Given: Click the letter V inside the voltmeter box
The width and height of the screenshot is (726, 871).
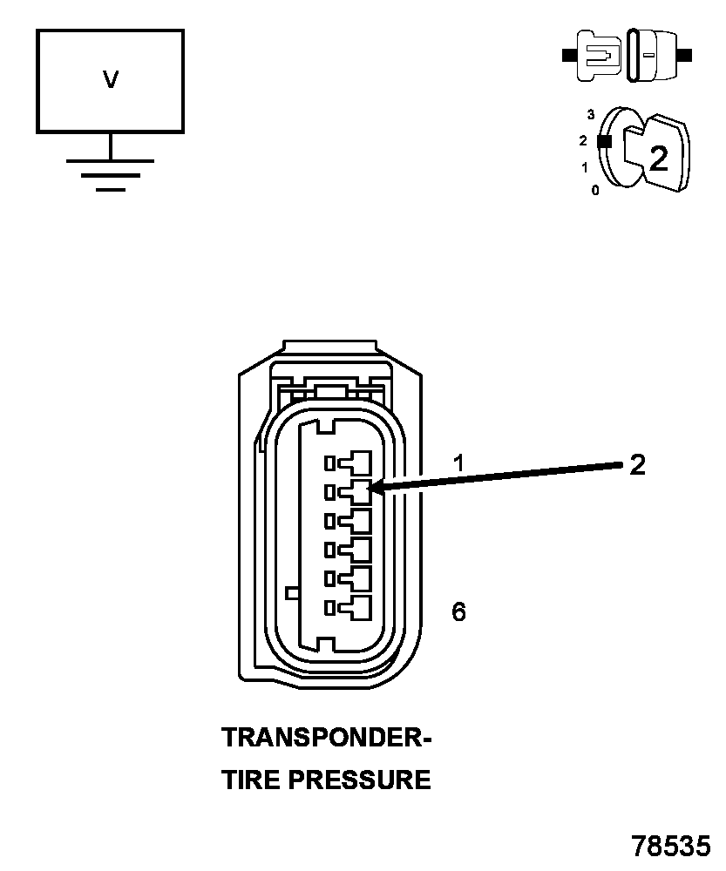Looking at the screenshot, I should click(110, 80).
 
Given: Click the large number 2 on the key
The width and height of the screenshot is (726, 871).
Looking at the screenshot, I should click(659, 158).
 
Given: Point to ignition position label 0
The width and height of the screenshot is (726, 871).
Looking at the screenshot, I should click(595, 190).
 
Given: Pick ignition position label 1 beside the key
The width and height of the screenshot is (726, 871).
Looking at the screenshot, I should click(584, 166).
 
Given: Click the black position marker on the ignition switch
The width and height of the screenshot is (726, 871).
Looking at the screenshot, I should click(602, 140).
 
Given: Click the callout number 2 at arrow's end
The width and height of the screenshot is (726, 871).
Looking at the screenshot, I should click(637, 465).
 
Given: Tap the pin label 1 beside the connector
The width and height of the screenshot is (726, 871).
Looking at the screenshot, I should click(458, 463).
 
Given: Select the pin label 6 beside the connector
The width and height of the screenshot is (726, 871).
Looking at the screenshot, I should click(458, 612).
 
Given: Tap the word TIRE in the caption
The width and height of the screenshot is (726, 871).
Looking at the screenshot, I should click(251, 780).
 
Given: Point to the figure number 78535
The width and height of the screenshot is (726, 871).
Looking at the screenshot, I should click(672, 846).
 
